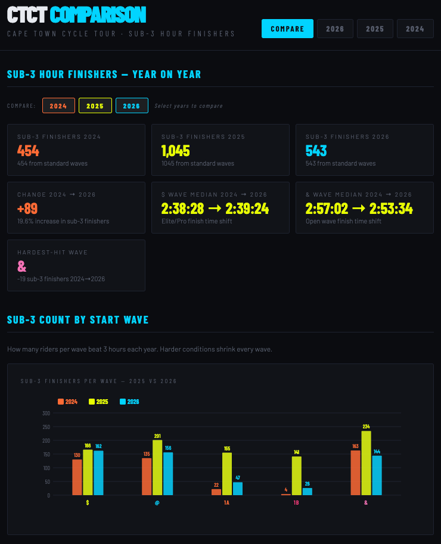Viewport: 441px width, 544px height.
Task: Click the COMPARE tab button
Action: [x=287, y=29]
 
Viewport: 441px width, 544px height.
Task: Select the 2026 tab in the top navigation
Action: [x=335, y=29]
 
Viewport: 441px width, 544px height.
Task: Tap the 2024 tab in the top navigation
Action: [x=415, y=29]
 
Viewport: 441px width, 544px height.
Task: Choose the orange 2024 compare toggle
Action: [x=58, y=105]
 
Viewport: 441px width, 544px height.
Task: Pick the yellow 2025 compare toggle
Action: [x=95, y=105]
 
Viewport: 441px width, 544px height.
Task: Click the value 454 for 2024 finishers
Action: [x=29, y=151]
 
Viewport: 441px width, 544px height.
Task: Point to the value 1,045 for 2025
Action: [x=176, y=151]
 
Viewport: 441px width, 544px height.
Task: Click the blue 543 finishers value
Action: [x=316, y=151]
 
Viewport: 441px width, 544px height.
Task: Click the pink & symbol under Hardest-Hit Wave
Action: [x=22, y=266]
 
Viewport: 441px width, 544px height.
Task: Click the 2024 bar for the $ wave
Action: [x=77, y=477]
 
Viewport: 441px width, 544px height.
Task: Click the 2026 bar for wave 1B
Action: [x=308, y=492]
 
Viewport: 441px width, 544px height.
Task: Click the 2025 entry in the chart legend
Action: [x=99, y=402]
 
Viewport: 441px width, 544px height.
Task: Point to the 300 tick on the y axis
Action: [x=46, y=413]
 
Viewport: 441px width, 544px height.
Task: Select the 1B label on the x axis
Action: [x=296, y=503]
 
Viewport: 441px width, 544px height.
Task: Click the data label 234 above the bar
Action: [x=366, y=426]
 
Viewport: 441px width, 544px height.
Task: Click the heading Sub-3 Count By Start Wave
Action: [x=77, y=320]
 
